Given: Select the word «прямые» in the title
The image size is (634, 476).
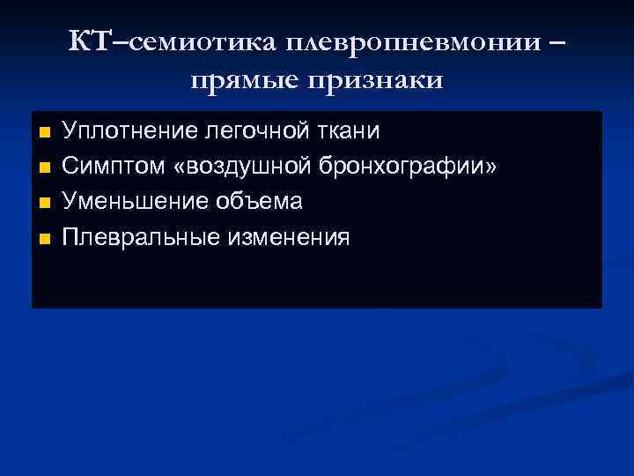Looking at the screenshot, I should coord(242,80).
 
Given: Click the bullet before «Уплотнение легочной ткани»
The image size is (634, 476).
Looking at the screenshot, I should coord(46,133).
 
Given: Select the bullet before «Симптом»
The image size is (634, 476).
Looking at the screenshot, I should coord(46,168).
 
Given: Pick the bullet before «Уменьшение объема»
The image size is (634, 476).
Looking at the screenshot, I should coord(46,204).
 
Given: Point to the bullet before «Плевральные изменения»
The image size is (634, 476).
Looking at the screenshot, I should coord(46,239).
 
